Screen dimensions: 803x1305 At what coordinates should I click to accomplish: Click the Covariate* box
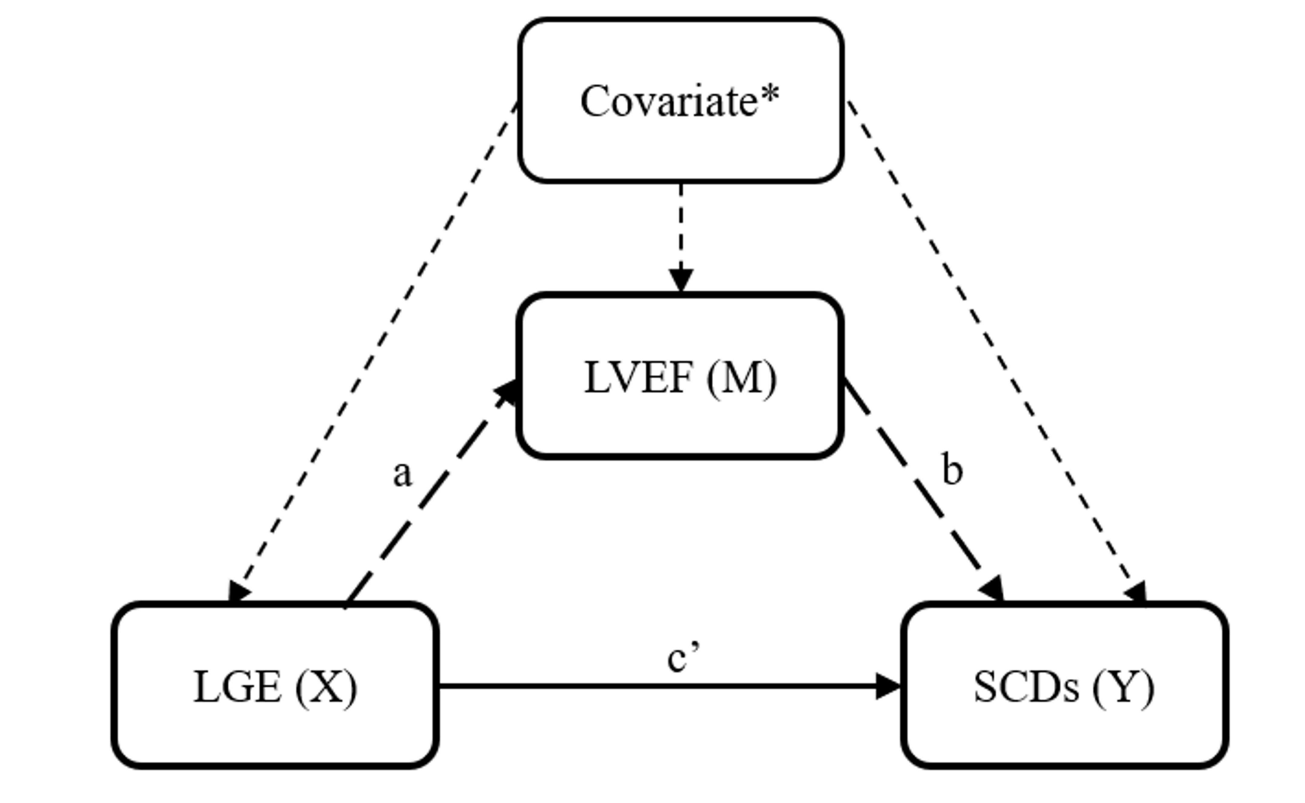pos(681,101)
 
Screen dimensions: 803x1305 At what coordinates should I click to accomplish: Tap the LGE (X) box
pos(275,685)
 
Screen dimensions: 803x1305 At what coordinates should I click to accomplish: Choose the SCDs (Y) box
pos(1064,685)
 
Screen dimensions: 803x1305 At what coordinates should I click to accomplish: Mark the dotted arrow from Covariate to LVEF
pos(681,228)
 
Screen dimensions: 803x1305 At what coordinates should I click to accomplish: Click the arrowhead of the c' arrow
pos(887,687)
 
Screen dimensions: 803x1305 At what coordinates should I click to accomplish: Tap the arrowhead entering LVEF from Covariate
pos(681,280)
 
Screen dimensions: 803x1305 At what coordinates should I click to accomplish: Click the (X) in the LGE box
pos(326,688)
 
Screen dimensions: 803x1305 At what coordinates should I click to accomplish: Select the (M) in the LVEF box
pos(741,378)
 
